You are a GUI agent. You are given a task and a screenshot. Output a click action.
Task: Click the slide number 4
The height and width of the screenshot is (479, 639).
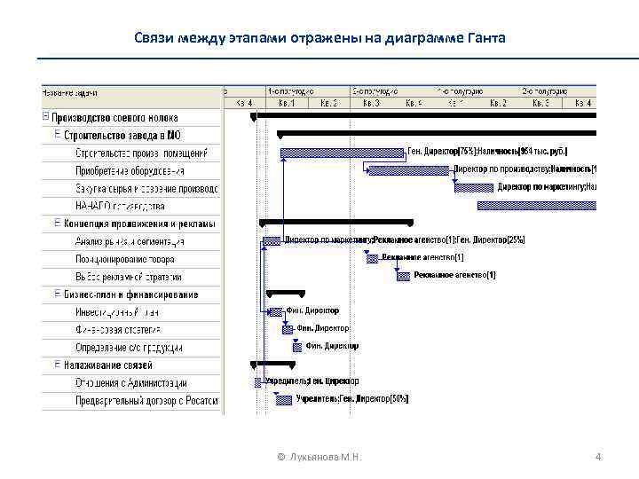[x=598, y=457]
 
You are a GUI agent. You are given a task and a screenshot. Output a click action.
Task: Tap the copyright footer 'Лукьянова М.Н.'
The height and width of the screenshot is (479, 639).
[x=326, y=458]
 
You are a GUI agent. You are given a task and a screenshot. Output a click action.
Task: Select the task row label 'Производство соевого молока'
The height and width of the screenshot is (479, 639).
[x=114, y=117]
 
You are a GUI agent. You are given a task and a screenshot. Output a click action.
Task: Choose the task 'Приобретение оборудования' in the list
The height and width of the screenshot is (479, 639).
[x=130, y=170]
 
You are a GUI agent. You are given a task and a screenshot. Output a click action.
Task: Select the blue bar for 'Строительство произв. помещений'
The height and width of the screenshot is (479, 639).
[x=343, y=153]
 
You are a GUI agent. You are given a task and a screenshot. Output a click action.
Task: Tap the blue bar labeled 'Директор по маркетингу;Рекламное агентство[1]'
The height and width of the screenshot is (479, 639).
[x=272, y=240]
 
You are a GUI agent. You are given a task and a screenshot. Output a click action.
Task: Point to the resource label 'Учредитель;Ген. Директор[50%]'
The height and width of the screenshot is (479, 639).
[x=352, y=399]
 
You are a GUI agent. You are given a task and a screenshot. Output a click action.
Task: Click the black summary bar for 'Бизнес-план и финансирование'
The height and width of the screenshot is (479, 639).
[x=284, y=292]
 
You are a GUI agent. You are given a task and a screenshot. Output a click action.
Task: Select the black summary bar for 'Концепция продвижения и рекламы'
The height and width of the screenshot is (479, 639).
[x=336, y=221]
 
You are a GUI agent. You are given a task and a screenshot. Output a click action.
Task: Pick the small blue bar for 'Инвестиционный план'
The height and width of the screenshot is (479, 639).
[x=276, y=311]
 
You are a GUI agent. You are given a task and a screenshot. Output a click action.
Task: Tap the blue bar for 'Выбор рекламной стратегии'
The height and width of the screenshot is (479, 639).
[x=403, y=276]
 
